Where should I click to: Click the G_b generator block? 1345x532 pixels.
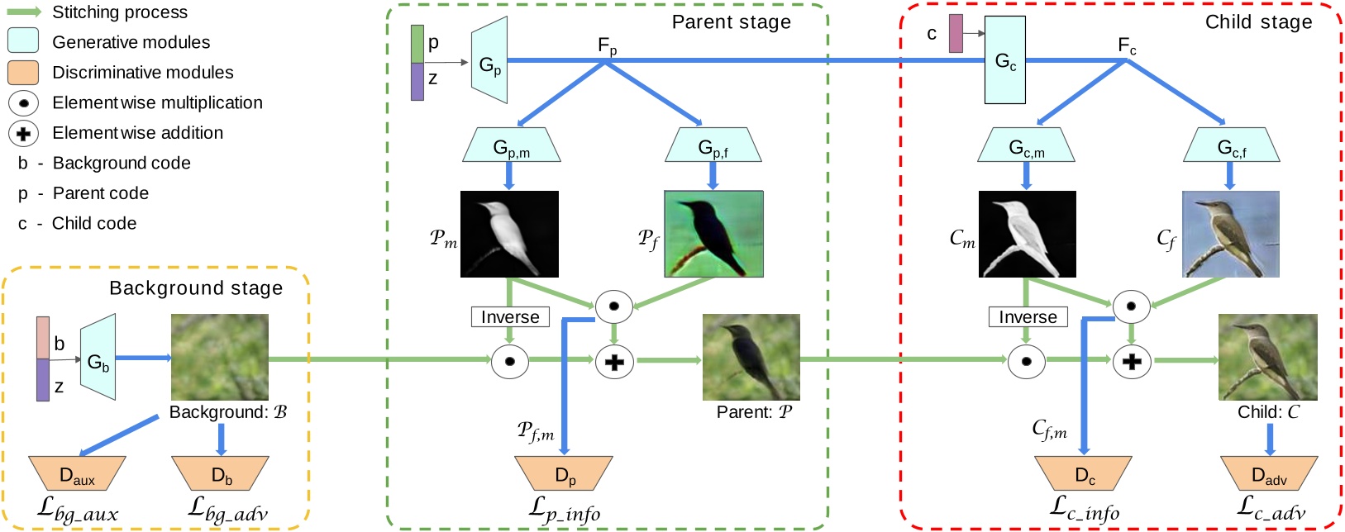click(98, 358)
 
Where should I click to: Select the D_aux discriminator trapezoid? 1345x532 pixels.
click(77, 474)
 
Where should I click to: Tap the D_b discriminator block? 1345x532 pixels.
click(220, 474)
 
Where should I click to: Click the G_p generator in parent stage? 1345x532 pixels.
click(489, 63)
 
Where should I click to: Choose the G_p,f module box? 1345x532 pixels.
click(713, 145)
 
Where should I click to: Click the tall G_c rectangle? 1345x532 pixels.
click(1004, 60)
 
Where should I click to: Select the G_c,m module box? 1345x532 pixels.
click(1026, 145)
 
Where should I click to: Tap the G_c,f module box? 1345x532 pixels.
click(1231, 145)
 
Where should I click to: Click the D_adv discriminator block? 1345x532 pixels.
click(1269, 474)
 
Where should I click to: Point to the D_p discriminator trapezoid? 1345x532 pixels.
click(564, 474)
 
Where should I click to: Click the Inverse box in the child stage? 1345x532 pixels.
click(1028, 317)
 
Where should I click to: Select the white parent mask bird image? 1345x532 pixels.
click(509, 234)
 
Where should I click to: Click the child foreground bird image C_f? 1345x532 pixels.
click(1230, 234)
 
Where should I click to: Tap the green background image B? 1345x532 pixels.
click(220, 357)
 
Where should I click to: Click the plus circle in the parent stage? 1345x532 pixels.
click(613, 362)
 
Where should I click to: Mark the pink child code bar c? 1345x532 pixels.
click(956, 34)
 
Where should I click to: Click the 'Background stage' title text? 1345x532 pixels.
click(196, 288)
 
